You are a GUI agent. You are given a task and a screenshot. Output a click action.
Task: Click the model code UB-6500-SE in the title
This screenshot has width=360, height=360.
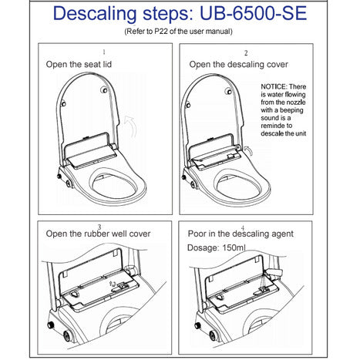(253, 13)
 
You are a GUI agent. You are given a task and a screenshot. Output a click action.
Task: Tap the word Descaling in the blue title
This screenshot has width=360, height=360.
(95, 15)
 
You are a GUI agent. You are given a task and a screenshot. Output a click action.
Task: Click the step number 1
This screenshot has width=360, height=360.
(104, 52)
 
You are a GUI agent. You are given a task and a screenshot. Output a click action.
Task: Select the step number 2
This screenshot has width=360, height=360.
(246, 53)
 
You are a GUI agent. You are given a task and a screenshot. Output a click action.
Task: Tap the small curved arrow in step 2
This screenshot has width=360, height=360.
(249, 151)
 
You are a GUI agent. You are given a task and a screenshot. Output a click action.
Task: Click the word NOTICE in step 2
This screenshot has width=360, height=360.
(274, 86)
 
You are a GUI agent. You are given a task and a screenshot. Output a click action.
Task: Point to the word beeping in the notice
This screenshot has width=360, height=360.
(292, 110)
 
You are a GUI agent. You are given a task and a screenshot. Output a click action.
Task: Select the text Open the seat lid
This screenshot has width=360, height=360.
(79, 64)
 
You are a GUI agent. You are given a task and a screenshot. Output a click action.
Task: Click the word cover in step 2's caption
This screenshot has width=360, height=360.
(278, 64)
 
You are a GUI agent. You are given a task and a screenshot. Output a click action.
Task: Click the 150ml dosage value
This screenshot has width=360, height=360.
(234, 247)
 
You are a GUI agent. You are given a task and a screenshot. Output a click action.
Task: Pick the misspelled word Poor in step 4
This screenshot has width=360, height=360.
(197, 234)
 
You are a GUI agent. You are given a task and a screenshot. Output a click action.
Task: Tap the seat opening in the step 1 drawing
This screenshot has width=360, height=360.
(114, 184)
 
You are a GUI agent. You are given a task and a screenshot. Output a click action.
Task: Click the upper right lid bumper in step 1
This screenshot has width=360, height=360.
(104, 90)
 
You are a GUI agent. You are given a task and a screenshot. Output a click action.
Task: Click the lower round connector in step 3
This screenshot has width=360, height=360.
(67, 335)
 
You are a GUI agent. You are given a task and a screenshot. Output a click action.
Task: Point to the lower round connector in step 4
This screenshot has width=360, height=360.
(213, 335)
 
